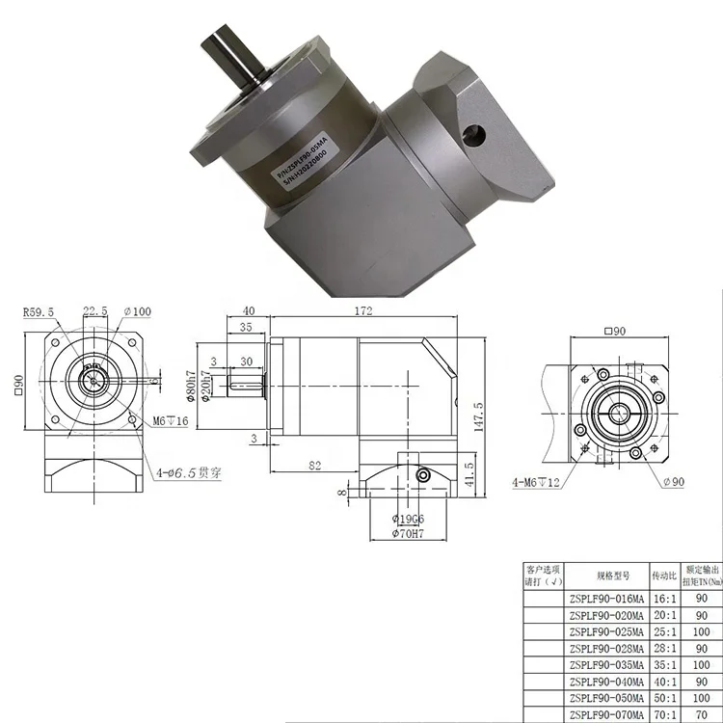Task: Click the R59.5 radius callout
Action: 40,311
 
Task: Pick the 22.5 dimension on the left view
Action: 94,311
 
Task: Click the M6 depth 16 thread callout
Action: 169,420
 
